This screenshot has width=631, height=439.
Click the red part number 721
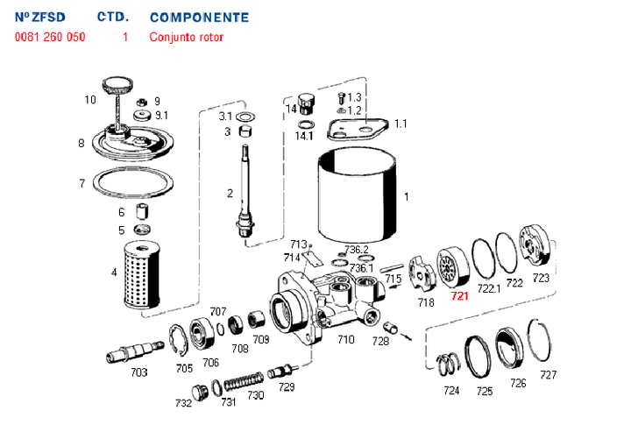click(x=459, y=296)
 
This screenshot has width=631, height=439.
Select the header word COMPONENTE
click(x=199, y=18)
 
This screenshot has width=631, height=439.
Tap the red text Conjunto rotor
click(x=187, y=38)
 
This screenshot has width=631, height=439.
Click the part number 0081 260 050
click(x=50, y=38)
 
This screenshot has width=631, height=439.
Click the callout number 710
click(x=346, y=339)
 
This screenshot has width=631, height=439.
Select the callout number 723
click(x=541, y=278)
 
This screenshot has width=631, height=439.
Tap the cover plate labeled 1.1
click(x=358, y=130)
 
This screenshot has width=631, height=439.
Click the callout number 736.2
click(x=356, y=250)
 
